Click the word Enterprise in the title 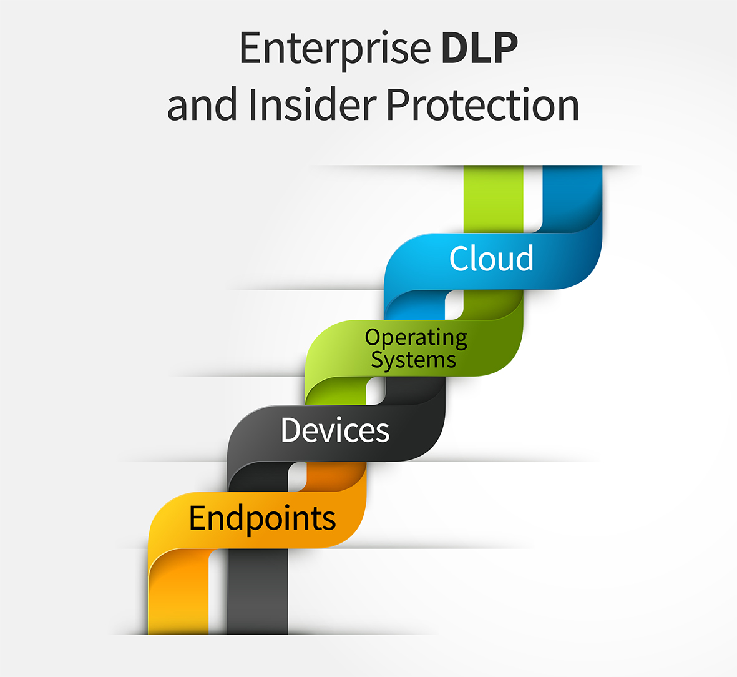click(x=334, y=49)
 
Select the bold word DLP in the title click(x=479, y=49)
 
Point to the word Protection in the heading click(x=482, y=104)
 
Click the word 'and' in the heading click(x=202, y=104)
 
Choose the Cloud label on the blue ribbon click(x=491, y=259)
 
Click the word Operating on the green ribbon click(x=416, y=337)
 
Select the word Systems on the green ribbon click(x=413, y=360)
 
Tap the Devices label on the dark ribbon click(x=335, y=430)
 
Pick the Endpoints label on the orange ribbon click(x=262, y=518)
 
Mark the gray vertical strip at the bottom click(x=257, y=593)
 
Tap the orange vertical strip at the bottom click(x=178, y=593)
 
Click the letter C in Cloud click(x=460, y=259)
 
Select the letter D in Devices click(x=291, y=430)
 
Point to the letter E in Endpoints click(x=198, y=518)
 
